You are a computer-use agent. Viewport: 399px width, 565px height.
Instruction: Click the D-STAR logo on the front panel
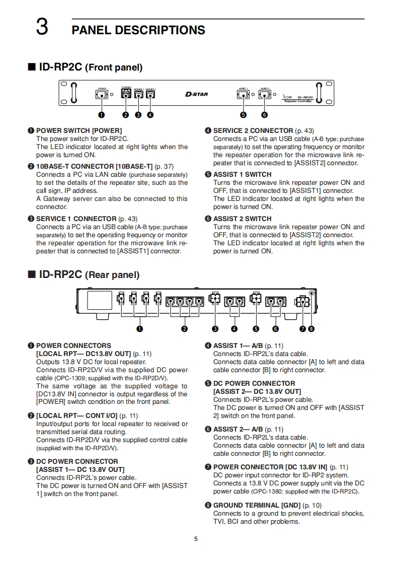point(196,94)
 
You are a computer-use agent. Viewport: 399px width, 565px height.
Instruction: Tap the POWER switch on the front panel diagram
point(102,94)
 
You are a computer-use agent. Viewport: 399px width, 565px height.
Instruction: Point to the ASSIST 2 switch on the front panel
point(264,94)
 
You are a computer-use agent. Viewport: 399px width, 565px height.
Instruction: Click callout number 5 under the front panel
point(244,114)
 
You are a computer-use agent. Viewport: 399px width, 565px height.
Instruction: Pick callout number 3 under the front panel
point(138,114)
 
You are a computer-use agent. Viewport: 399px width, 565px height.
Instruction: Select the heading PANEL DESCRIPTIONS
point(138,30)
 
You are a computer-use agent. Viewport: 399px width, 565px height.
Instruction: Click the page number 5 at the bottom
point(196,539)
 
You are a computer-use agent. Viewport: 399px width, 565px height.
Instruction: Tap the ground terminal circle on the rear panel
point(312,294)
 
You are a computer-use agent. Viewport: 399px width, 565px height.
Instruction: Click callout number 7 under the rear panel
point(302,329)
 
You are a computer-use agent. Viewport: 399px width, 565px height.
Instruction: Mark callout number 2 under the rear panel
point(185,329)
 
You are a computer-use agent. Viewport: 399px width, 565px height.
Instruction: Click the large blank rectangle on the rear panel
point(100,301)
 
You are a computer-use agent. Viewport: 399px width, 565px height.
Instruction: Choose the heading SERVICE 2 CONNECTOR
point(253,130)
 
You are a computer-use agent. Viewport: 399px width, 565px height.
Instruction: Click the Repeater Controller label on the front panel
point(298,101)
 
